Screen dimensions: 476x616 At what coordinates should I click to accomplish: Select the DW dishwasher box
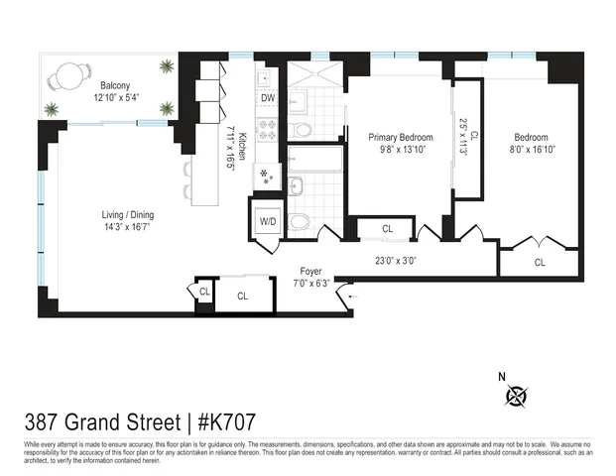tap(268, 98)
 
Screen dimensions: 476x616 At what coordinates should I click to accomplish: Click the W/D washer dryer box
tap(268, 222)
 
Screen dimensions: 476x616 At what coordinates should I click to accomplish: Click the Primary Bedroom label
tap(400, 137)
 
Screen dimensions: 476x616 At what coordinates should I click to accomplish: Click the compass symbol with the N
tap(516, 396)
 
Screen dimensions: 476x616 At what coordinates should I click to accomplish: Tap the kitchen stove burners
tap(266, 128)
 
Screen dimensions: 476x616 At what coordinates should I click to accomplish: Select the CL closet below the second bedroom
tap(540, 263)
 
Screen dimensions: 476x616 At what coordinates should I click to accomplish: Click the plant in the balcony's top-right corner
tap(166, 66)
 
